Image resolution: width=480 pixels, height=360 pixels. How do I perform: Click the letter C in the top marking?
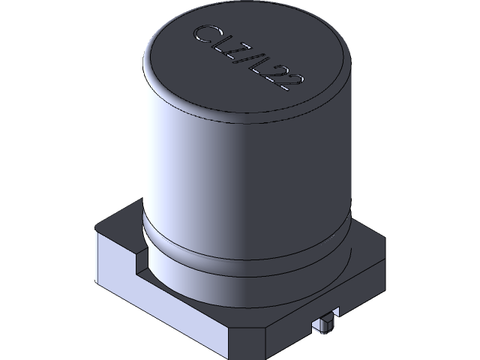click(x=202, y=34)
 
